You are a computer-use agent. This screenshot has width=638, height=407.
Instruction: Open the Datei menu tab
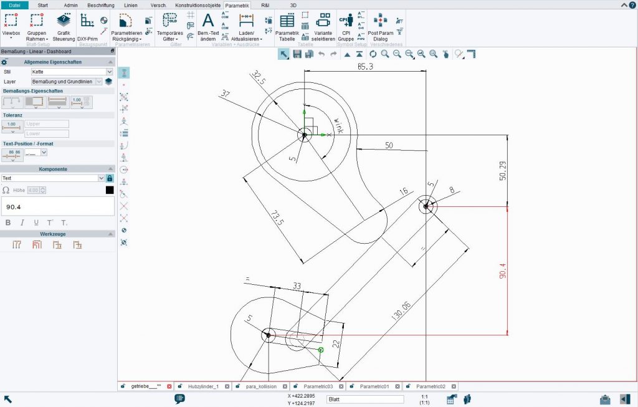[x=14, y=5]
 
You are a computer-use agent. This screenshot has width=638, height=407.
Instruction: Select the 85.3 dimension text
[x=365, y=66]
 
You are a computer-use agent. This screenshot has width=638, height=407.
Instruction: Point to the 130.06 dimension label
[x=400, y=309]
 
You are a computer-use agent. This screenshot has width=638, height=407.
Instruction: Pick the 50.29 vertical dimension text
[x=503, y=170]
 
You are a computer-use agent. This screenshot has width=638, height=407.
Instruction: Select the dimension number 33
[x=297, y=286]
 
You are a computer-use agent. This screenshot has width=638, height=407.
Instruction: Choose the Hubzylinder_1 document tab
[x=202, y=386]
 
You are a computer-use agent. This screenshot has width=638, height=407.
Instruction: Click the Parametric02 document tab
[x=431, y=386]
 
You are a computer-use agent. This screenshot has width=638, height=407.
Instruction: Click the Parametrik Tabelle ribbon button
[x=287, y=28]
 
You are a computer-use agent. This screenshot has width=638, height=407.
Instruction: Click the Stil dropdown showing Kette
[x=72, y=72]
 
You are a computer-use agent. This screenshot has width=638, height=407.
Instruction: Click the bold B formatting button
[x=8, y=223]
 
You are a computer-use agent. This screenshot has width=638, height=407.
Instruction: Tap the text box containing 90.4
[x=57, y=206]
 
